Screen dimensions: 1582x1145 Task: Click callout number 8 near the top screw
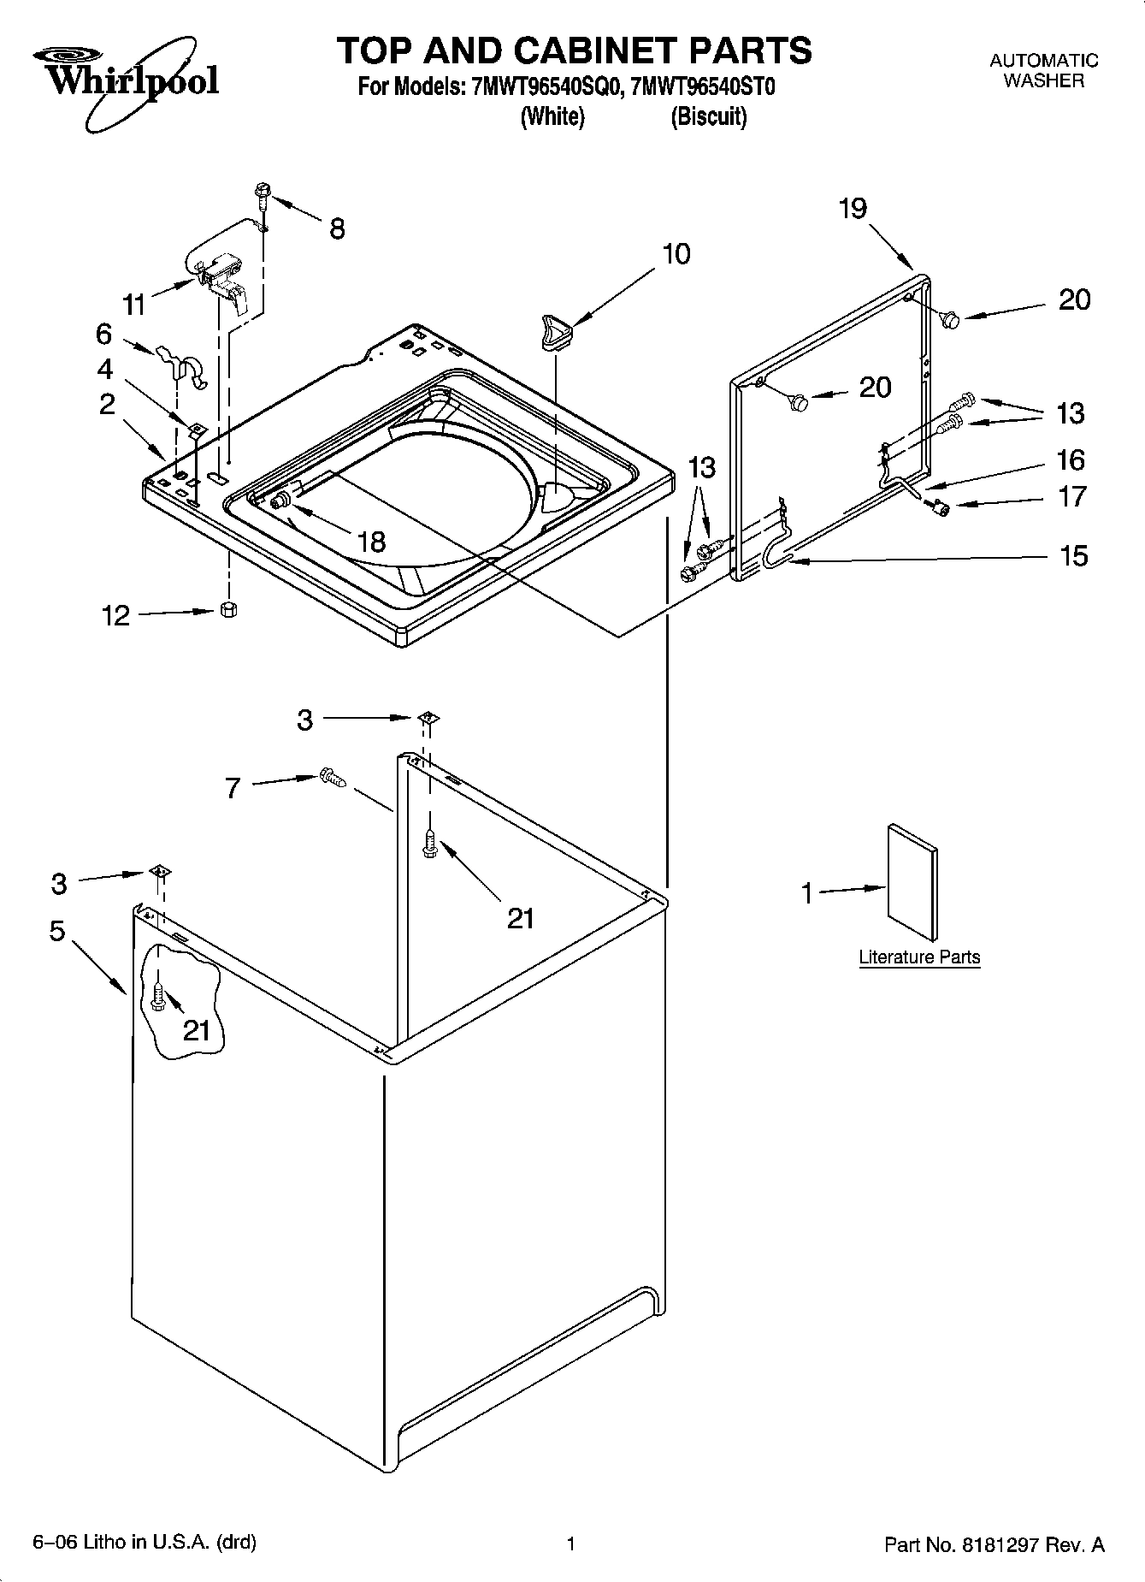(x=337, y=228)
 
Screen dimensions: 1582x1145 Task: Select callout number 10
(x=676, y=254)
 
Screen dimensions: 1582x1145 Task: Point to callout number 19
(x=853, y=209)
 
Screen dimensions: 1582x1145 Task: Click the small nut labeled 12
(x=228, y=609)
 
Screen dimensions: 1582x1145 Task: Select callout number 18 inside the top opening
(x=371, y=542)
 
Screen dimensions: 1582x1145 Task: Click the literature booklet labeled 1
(x=912, y=881)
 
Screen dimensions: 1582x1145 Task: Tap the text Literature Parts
(x=919, y=957)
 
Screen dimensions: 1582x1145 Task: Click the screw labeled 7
(x=332, y=777)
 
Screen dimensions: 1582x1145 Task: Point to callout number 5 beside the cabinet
(x=56, y=931)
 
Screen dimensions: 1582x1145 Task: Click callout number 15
(x=1073, y=557)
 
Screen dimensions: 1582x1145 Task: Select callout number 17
(x=1072, y=497)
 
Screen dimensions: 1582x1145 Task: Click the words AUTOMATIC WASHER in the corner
(x=1043, y=71)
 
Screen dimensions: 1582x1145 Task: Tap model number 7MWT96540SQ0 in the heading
(x=543, y=87)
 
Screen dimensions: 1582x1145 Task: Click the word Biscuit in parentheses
(x=708, y=117)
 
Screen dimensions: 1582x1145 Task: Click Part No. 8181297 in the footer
(x=994, y=1544)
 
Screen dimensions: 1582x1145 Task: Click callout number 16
(x=1071, y=460)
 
